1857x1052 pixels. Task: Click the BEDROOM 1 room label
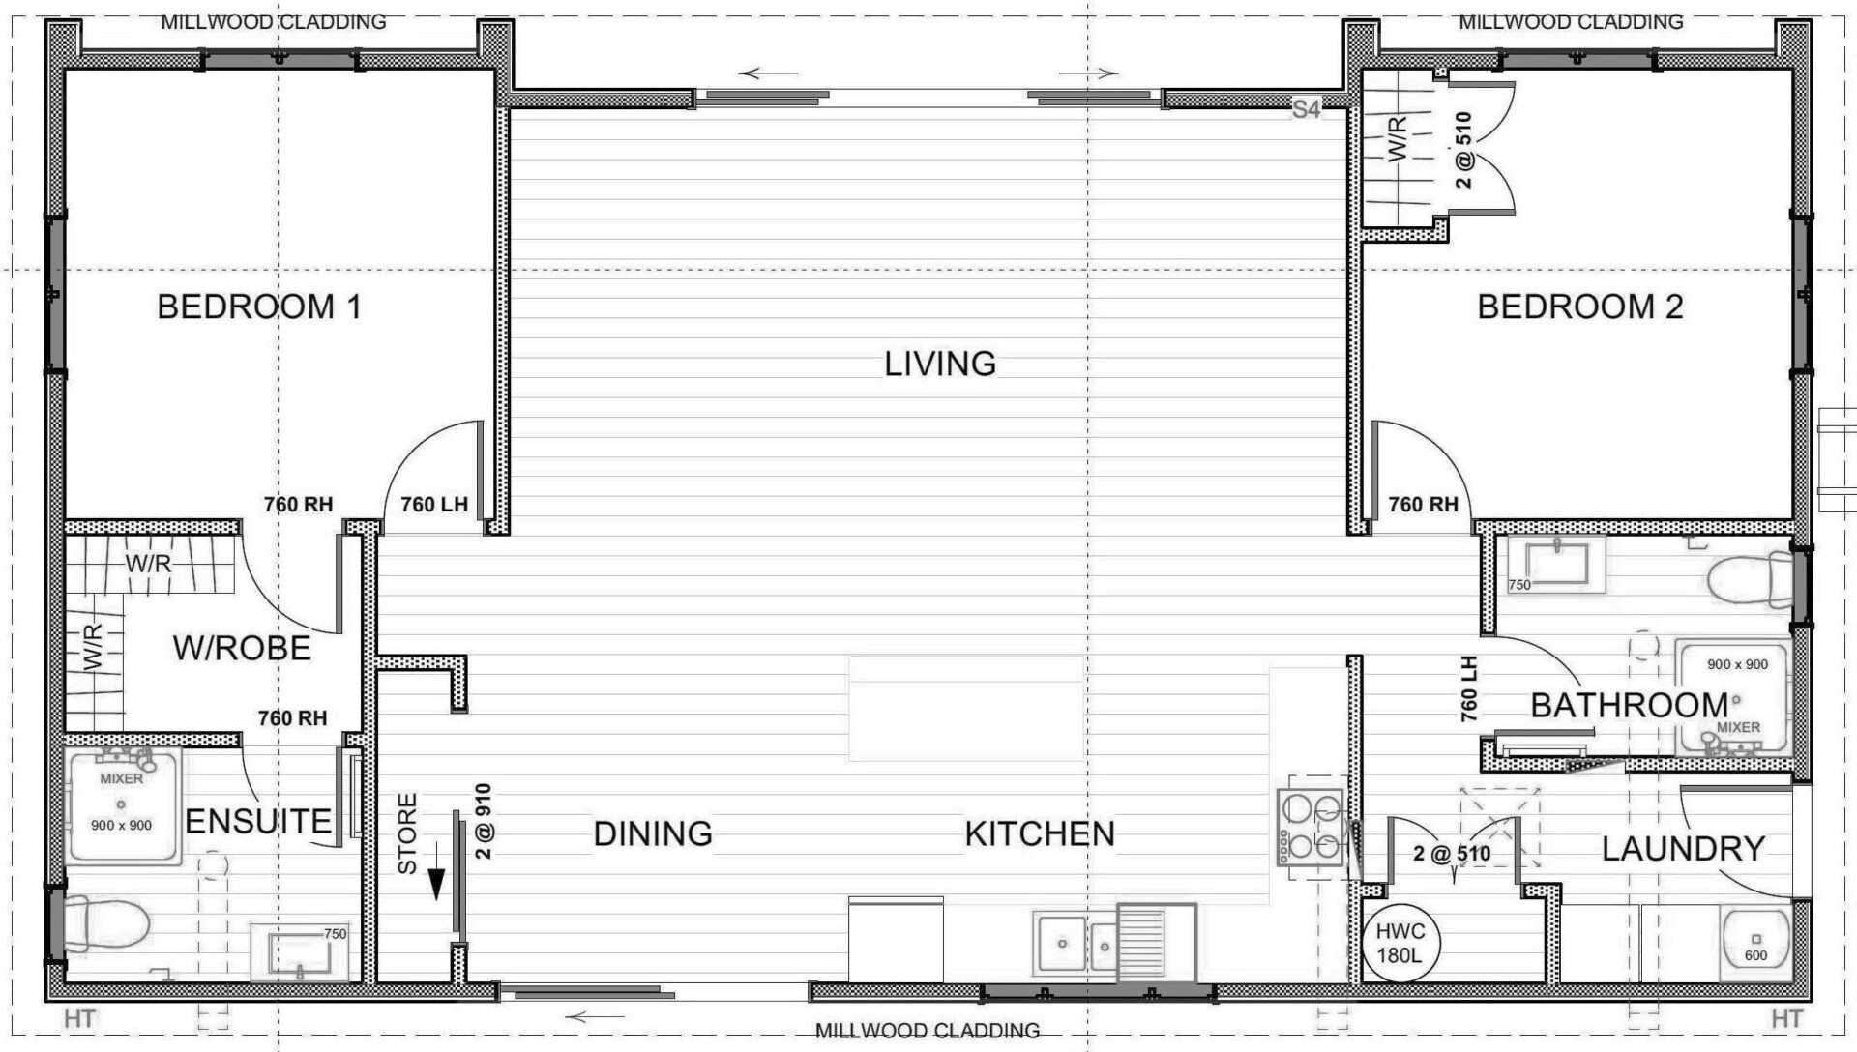coord(259,307)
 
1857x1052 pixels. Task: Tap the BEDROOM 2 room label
coord(1580,307)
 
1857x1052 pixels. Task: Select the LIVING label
coord(940,364)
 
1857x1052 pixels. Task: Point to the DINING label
coord(653,833)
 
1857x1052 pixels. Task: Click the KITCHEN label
coord(1040,833)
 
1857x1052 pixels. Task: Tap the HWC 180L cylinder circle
coord(1400,943)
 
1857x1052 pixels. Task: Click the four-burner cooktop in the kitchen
coord(1312,827)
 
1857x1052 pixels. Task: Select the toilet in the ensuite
coord(104,924)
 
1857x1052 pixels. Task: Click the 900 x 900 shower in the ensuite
coord(123,805)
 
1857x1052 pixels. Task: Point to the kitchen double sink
coord(1075,943)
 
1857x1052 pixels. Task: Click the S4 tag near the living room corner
coord(1306,110)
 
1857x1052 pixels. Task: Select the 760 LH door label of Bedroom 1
coord(434,505)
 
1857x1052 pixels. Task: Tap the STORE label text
coord(407,833)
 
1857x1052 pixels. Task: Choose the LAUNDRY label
coord(1684,849)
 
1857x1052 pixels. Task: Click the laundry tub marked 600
coord(1755,943)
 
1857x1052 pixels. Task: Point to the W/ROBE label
coord(242,648)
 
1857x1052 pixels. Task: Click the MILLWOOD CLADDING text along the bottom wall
coord(927,1031)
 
